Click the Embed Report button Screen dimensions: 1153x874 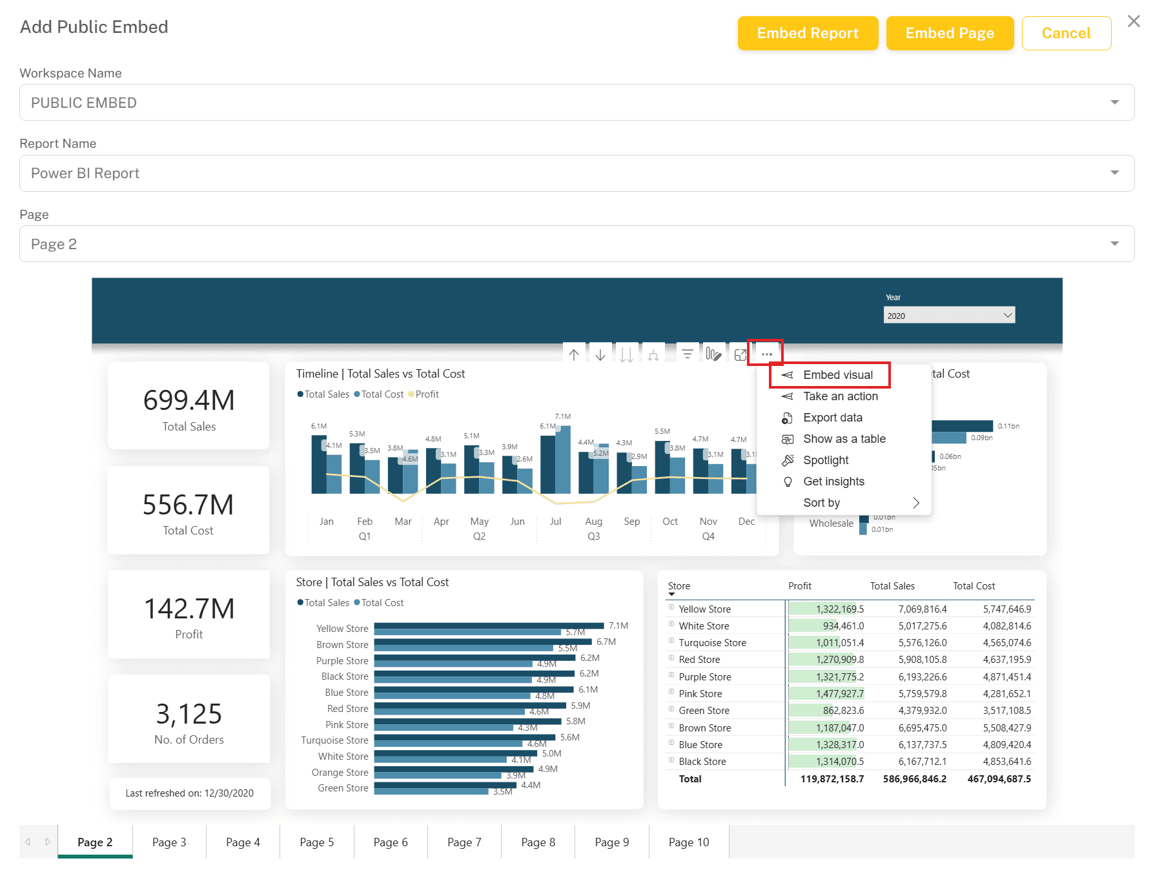click(808, 33)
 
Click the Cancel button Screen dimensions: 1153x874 click(1066, 33)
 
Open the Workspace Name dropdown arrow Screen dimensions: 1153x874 click(1114, 102)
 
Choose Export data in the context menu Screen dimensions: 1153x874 click(832, 418)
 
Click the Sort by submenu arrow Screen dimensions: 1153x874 click(915, 503)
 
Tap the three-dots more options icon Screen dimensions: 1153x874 click(766, 354)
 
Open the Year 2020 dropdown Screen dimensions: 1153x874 click(949, 315)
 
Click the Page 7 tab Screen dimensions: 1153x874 click(464, 842)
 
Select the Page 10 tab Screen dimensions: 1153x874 click(689, 842)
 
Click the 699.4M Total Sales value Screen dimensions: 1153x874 click(189, 400)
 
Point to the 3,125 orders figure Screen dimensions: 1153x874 click(189, 714)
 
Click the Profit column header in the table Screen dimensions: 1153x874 click(799, 586)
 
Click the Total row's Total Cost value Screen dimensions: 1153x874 click(999, 779)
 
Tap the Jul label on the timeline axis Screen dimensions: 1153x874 click(556, 522)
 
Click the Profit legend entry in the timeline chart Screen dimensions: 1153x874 click(423, 394)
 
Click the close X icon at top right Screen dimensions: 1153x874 click(1134, 21)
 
